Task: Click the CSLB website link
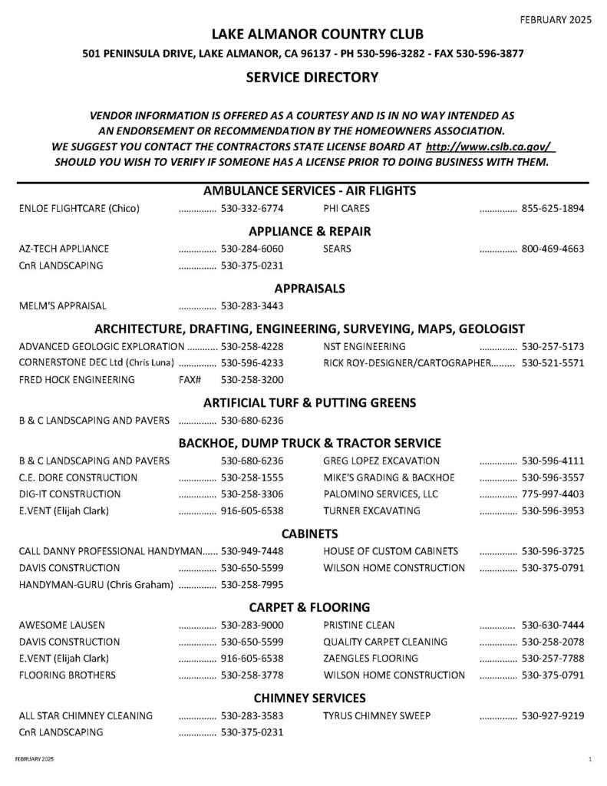490,146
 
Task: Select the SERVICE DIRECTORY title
312,77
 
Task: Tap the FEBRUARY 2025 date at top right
557,21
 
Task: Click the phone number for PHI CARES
553,208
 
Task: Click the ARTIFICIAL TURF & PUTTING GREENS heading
310,402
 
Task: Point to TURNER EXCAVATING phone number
553,510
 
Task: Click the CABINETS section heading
310,533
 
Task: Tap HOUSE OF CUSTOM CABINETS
391,551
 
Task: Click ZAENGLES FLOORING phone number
553,659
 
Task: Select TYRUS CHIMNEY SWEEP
377,716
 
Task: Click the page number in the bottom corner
589,759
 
